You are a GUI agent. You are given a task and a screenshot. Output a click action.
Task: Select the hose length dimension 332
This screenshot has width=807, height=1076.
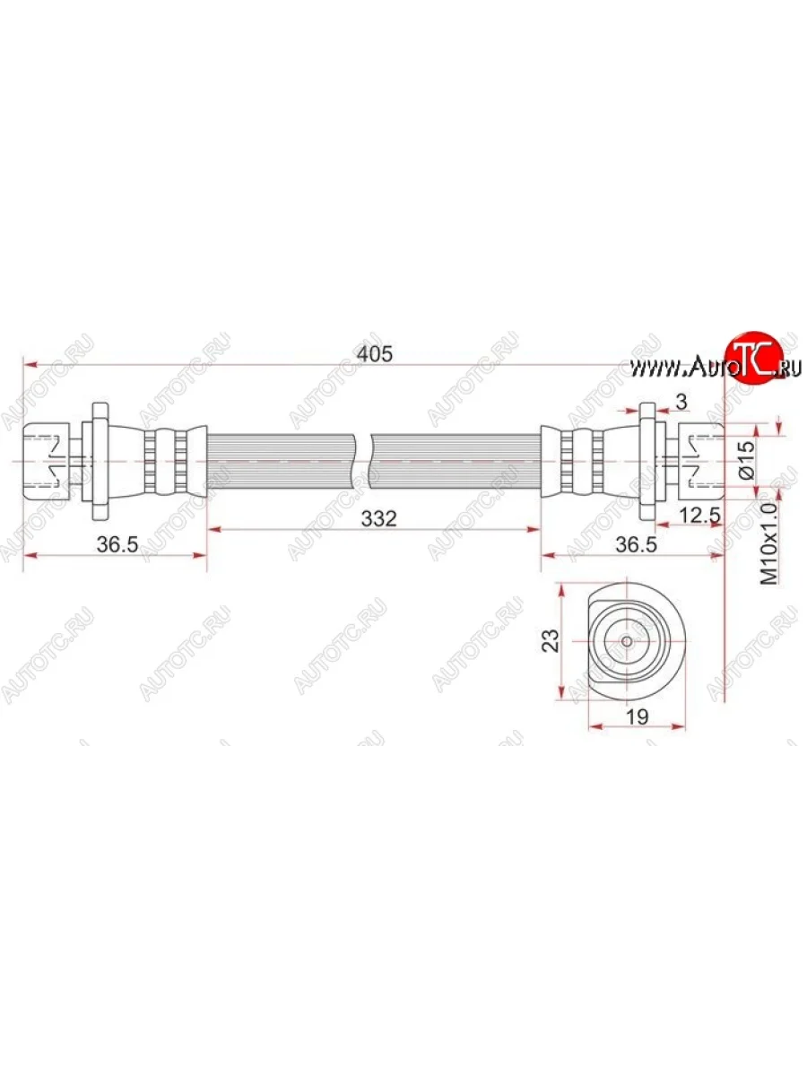tap(375, 517)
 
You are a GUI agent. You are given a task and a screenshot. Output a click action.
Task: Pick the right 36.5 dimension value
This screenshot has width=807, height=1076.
tap(632, 544)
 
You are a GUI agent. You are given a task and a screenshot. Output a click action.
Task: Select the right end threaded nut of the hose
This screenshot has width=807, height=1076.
tap(699, 459)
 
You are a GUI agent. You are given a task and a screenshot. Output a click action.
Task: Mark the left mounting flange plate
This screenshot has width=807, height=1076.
tap(99, 459)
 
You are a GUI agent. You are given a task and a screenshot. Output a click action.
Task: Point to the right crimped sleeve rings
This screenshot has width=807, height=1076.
tap(574, 459)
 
